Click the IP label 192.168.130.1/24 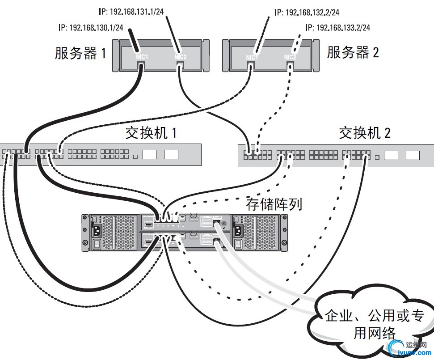[91, 28]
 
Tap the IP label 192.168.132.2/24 [308, 13]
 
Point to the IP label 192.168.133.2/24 [337, 28]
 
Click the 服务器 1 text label [80, 54]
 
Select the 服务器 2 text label [353, 53]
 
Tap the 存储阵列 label [274, 204]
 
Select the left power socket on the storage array [97, 231]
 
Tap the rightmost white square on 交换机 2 [413, 155]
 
